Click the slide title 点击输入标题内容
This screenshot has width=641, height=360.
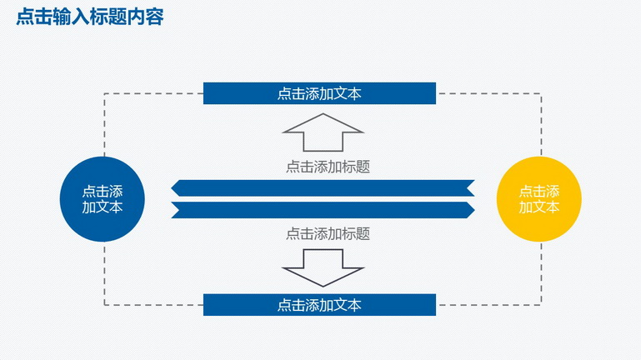(90, 17)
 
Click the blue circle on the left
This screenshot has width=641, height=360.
(103, 199)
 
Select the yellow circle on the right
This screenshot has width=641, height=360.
(538, 199)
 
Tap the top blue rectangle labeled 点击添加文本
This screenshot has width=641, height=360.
(319, 93)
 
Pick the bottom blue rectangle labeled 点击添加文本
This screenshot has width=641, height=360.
(319, 305)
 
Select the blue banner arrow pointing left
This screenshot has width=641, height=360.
(323, 188)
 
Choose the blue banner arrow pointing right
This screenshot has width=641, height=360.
(323, 210)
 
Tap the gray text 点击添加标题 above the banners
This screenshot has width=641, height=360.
(328, 167)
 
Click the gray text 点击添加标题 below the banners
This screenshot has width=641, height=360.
(328, 233)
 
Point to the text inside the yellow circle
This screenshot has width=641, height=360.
(538, 199)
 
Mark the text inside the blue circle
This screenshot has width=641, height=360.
(103, 199)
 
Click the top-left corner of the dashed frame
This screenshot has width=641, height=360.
(104, 93)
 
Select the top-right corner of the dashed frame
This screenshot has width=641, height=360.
(541, 93)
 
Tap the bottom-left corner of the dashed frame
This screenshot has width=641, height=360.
(104, 305)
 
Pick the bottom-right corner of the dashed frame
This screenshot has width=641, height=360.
(541, 305)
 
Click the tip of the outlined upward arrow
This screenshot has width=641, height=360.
(323, 114)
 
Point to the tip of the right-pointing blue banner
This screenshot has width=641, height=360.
(474, 210)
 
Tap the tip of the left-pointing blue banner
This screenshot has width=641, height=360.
(171, 188)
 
